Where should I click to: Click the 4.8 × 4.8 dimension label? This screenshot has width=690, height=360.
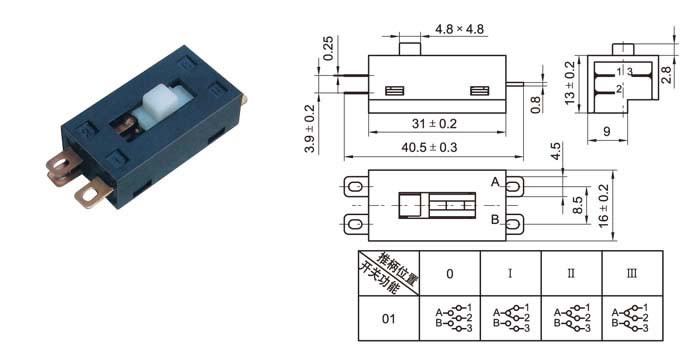459,29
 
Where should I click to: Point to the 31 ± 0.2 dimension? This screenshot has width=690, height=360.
434,124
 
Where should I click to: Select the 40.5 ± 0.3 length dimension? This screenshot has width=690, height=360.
429,147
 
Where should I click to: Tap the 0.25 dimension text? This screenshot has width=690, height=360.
328,48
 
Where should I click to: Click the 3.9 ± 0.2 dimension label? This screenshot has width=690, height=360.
310,129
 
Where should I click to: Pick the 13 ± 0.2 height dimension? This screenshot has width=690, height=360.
570,83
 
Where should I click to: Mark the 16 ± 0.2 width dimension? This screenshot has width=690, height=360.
604,206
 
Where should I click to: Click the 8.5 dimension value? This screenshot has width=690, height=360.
578,205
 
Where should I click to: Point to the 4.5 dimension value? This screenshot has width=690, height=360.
556,151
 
